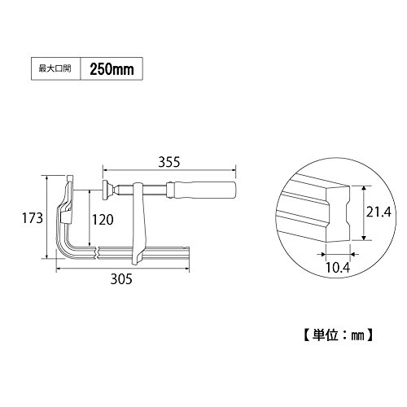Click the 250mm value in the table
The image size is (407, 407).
pyautogui.click(x=112, y=69)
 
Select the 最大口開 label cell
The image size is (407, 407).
pyautogui.click(x=56, y=68)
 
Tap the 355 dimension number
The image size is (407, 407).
pyautogui.click(x=169, y=162)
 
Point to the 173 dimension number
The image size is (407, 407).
pyautogui.click(x=33, y=218)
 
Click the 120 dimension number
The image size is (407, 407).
pyautogui.click(x=103, y=220)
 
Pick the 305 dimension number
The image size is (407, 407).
pyautogui.click(x=121, y=279)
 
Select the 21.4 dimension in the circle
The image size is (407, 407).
pyautogui.click(x=379, y=212)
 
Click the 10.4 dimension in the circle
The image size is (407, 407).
pyautogui.click(x=338, y=268)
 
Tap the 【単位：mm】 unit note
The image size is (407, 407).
pyautogui.click(x=338, y=335)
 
